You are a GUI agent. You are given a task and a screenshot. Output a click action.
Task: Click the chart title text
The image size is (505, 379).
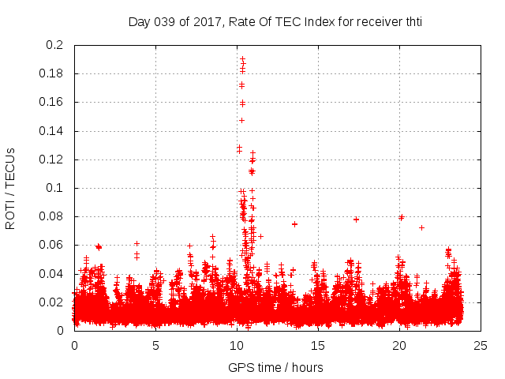click(275, 22)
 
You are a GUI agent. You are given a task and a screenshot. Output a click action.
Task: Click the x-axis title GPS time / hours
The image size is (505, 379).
click(275, 367)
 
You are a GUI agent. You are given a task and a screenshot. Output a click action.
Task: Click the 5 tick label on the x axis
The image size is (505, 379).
click(155, 345)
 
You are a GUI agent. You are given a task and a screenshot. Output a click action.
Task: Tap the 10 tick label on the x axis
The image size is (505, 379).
click(237, 345)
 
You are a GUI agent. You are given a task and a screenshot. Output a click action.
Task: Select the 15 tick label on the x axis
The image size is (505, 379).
click(318, 345)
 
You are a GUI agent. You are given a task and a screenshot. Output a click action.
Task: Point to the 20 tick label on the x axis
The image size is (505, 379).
click(399, 345)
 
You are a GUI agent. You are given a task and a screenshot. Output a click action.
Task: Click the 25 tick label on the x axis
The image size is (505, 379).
click(481, 345)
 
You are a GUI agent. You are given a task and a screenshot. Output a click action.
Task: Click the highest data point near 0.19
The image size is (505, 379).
click(242, 58)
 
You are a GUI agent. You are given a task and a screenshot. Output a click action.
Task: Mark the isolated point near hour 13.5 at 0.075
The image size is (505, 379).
click(294, 223)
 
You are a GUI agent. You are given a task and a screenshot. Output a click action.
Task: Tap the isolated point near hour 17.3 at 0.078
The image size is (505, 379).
click(356, 220)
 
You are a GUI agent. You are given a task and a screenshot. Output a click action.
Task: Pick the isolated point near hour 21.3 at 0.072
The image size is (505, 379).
click(421, 227)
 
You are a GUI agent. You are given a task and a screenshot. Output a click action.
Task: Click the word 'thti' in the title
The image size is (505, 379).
click(413, 22)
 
